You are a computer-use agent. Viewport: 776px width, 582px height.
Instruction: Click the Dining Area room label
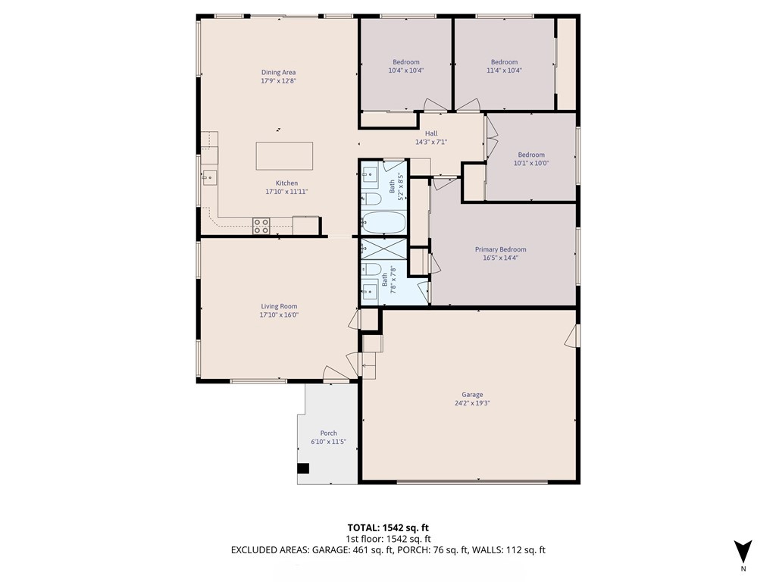(279, 72)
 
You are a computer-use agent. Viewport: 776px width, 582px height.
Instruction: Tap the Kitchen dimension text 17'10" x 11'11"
(287, 192)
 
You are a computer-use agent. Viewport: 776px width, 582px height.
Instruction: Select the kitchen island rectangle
(284, 156)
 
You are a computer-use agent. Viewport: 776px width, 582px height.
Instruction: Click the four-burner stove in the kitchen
(261, 226)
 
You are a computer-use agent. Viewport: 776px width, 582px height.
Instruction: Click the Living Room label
(279, 306)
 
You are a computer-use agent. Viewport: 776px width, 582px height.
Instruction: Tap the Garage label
(472, 394)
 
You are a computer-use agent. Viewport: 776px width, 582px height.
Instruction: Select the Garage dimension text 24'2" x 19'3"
(472, 403)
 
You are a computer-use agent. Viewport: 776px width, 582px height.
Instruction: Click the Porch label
(328, 433)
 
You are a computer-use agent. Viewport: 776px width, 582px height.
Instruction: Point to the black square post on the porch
(303, 468)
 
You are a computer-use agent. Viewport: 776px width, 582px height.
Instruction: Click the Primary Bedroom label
(500, 249)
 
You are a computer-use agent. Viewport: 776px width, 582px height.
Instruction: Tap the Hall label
(431, 133)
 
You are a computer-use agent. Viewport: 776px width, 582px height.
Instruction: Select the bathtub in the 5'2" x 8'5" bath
(383, 223)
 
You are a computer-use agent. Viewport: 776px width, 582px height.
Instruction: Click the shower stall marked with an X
(383, 249)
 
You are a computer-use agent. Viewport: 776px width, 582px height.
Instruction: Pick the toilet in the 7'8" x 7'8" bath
(371, 270)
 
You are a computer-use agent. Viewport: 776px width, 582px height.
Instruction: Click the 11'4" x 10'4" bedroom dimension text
(504, 70)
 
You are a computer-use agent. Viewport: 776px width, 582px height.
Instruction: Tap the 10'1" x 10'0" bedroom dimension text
(531, 163)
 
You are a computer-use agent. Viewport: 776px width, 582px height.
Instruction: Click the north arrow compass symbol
(743, 552)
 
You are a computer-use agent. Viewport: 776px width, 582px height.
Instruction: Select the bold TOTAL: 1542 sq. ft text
(384, 527)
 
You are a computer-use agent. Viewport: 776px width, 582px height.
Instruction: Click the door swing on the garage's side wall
(572, 336)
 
